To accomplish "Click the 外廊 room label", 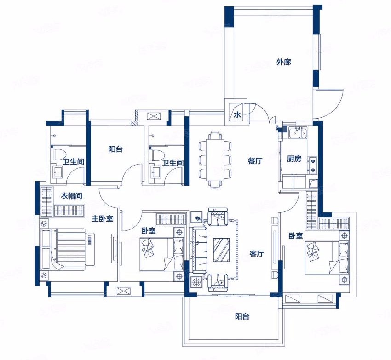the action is coord(283,62).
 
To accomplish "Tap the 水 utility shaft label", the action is coord(237,115).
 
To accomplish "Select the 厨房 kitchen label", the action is coord(294,159).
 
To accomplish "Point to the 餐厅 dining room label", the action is coord(255,161).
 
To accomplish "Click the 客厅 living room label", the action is coord(257,254).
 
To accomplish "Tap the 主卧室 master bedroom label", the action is coord(102,219).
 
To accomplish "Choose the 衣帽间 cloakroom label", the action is coord(71,196).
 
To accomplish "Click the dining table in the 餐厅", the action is coord(215,160).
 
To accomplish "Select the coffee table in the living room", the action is coord(221,250).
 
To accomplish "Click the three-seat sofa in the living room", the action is coord(198,250).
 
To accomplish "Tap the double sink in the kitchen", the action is coord(298,132).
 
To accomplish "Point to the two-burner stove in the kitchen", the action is coord(312,166).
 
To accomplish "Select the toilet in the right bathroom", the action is coord(156,155).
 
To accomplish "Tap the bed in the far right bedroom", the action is coord(327,258).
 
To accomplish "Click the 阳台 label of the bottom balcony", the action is coord(242,317).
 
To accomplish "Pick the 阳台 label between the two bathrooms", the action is coord(115,149).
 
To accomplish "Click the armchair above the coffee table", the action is coord(218,217).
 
